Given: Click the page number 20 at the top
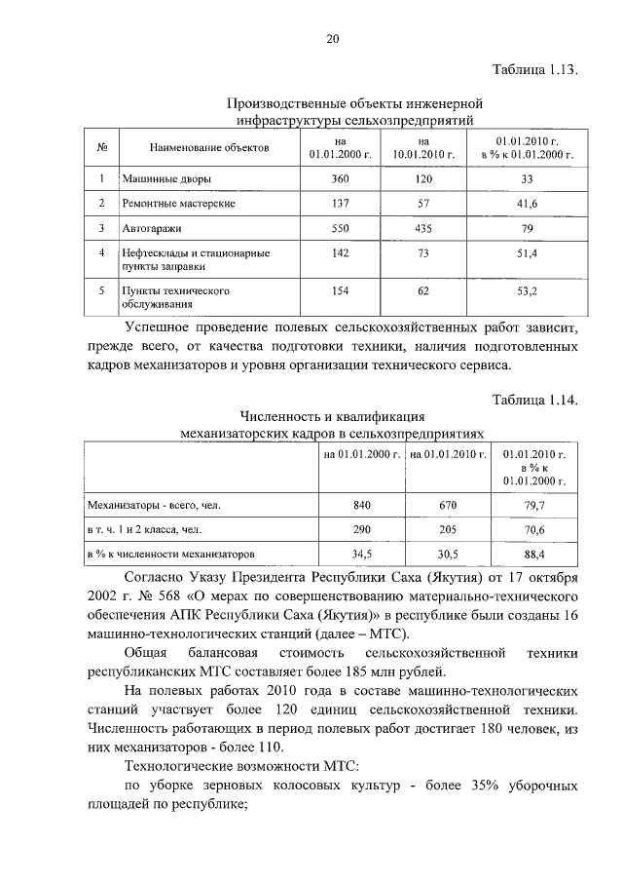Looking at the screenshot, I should tap(331, 39).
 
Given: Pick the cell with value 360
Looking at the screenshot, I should tap(340, 179).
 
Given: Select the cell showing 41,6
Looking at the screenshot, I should tap(528, 203).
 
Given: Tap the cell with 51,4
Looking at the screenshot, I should tap(528, 252).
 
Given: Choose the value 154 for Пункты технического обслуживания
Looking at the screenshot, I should tap(340, 290).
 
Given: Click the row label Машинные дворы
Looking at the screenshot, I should tap(166, 179).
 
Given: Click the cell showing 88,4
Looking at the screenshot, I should tap(534, 553).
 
